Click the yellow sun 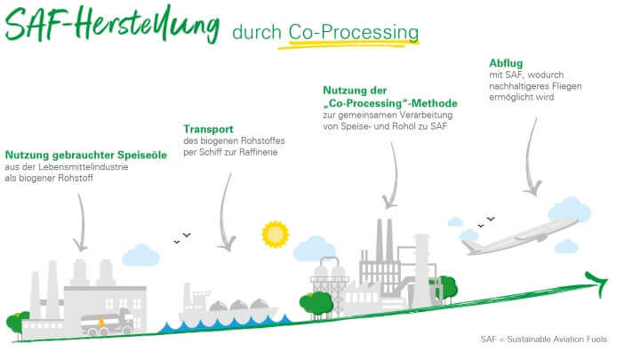[x=276, y=234]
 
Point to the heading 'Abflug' [x=506, y=62]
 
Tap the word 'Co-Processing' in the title [x=353, y=33]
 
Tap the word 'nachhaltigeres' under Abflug [x=522, y=87]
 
